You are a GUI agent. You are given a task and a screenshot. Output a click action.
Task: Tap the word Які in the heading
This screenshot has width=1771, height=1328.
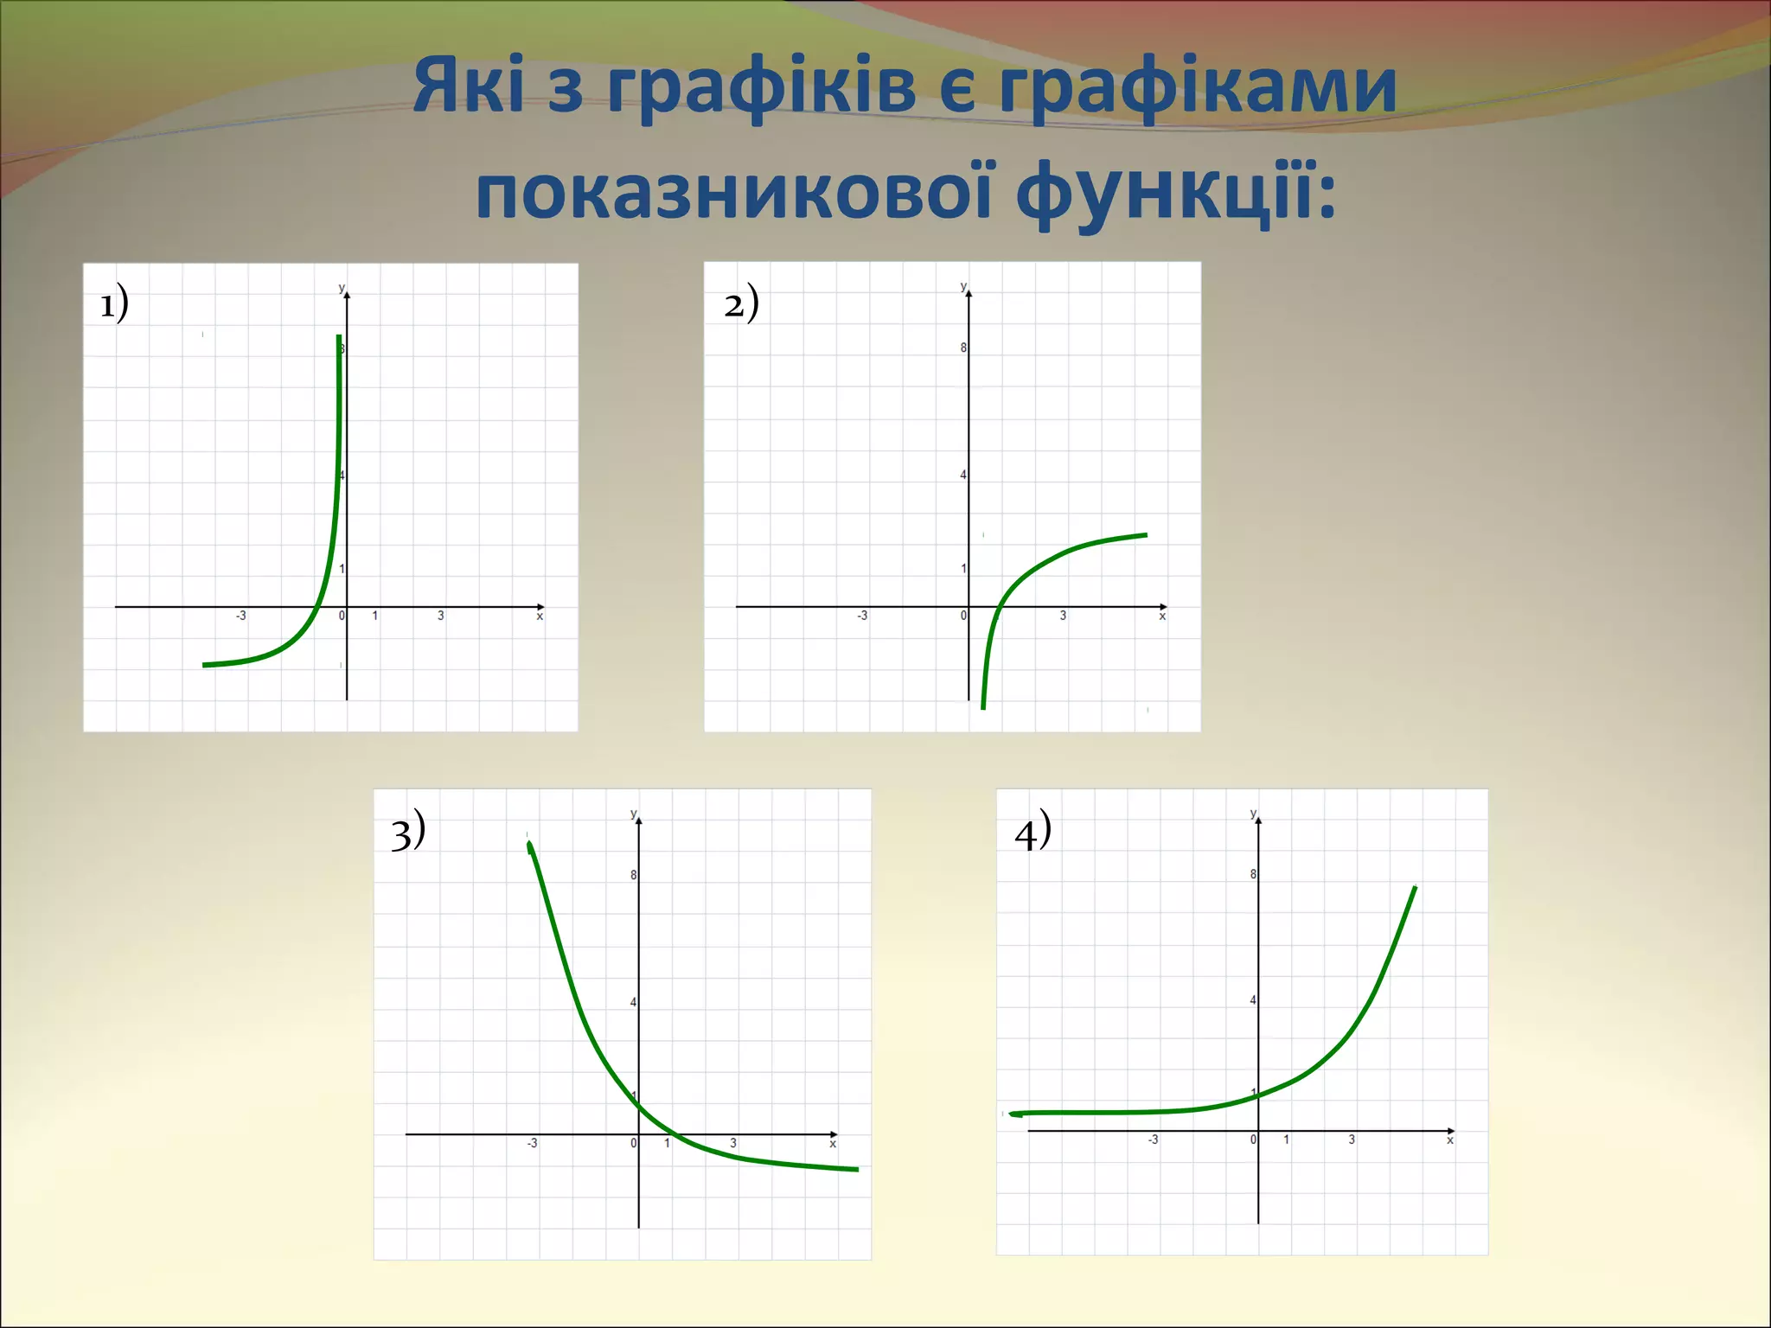coord(468,86)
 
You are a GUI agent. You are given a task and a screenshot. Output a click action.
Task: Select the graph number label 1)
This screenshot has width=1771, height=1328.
coord(114,303)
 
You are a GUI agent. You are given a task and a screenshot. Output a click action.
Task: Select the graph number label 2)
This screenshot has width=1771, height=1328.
coord(741,303)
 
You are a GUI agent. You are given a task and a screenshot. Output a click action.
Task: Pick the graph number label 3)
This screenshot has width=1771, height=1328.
coord(407,832)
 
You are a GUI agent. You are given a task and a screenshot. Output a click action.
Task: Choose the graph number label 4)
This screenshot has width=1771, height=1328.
coord(1033,832)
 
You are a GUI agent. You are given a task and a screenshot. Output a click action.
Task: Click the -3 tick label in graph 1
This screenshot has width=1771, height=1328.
coord(240,616)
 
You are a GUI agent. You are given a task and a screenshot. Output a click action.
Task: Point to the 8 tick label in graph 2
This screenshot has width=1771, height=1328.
coord(963,348)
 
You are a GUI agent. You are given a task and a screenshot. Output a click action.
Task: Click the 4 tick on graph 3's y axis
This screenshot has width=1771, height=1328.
coord(633,1003)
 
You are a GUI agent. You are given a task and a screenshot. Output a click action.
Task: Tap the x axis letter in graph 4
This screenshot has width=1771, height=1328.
coord(1450,1140)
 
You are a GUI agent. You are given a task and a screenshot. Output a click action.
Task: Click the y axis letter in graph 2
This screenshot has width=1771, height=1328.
coord(963,286)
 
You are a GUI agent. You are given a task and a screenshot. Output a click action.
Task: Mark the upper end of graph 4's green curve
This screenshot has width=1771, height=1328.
coord(1415,888)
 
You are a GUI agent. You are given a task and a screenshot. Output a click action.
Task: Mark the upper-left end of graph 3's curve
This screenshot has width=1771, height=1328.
coord(528,844)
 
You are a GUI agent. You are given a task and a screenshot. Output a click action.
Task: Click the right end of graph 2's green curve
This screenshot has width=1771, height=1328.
coord(1146,535)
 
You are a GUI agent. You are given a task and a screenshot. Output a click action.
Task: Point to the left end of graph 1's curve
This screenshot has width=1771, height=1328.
coord(204,665)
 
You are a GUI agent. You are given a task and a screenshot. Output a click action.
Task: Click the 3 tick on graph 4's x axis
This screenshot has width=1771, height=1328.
coord(1352,1140)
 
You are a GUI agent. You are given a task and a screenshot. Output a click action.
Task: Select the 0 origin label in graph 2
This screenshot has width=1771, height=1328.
coord(963,616)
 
